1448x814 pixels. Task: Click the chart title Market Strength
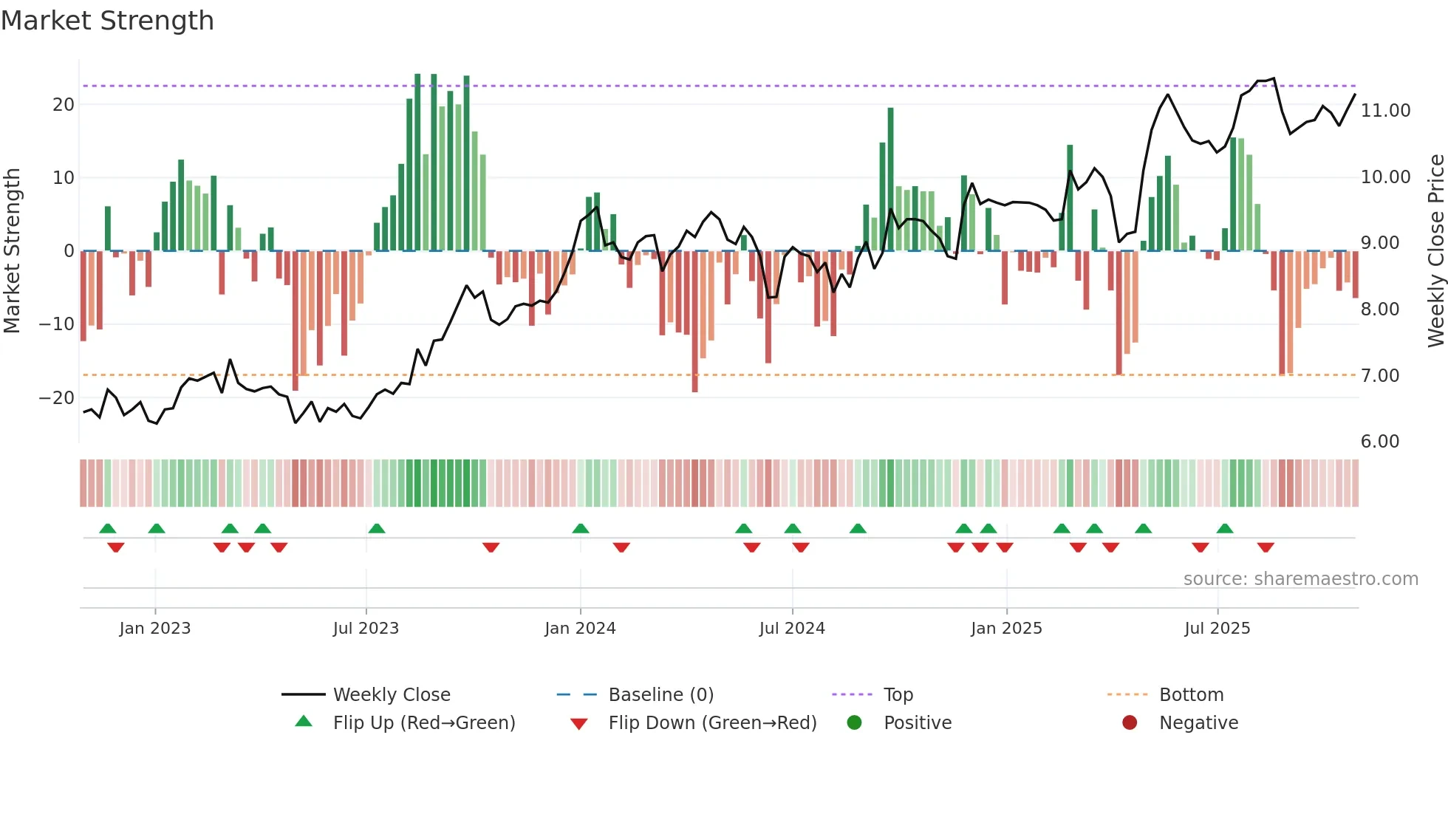tap(107, 21)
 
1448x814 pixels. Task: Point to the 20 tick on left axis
tap(64, 105)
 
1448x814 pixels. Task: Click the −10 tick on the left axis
tap(57, 324)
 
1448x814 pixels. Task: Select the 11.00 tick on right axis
tap(1385, 111)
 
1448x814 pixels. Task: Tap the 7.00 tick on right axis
tap(1379, 376)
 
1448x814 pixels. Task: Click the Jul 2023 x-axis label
tap(366, 629)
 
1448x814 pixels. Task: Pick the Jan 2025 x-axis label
tap(1006, 629)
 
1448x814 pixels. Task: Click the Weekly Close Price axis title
tap(1435, 250)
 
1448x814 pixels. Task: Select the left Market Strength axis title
tap(12, 250)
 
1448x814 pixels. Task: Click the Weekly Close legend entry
tap(391, 695)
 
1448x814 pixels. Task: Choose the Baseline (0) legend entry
tap(660, 695)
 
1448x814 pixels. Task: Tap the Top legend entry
tap(898, 695)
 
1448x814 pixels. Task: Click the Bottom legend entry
tap(1191, 695)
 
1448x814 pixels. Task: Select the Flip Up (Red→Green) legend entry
tap(423, 723)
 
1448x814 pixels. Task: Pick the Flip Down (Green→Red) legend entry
tap(712, 723)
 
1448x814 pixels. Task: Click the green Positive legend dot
tap(855, 723)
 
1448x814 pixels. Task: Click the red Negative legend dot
tap(1130, 723)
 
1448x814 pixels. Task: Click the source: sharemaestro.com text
tap(1300, 579)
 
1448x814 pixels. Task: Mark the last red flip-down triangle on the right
tap(1266, 547)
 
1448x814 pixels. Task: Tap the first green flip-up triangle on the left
tap(108, 528)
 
